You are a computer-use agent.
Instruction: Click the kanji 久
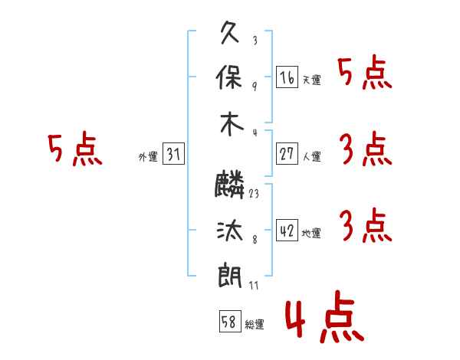coord(230,32)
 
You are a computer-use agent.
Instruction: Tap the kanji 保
coord(228,77)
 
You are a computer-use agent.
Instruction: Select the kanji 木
coord(232,124)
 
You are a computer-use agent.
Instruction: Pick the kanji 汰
coord(230,230)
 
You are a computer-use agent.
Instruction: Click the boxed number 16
coord(287,77)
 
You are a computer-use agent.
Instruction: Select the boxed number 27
coord(287,154)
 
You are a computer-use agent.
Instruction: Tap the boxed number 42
coord(287,230)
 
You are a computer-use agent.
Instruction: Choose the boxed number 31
coord(173,154)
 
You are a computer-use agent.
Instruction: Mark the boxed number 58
coord(230,321)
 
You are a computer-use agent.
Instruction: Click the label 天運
coord(312,80)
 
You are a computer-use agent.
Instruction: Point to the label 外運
coord(148,156)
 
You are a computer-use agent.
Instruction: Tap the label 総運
coord(255,324)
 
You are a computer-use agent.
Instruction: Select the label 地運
coord(311,234)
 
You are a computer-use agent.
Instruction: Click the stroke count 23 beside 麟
coord(254,194)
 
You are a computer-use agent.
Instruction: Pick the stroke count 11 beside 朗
coord(254,285)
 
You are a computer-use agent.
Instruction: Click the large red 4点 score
coord(325,316)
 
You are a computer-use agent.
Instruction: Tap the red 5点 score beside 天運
coord(365,72)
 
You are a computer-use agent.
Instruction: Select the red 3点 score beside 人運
coord(366,149)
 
